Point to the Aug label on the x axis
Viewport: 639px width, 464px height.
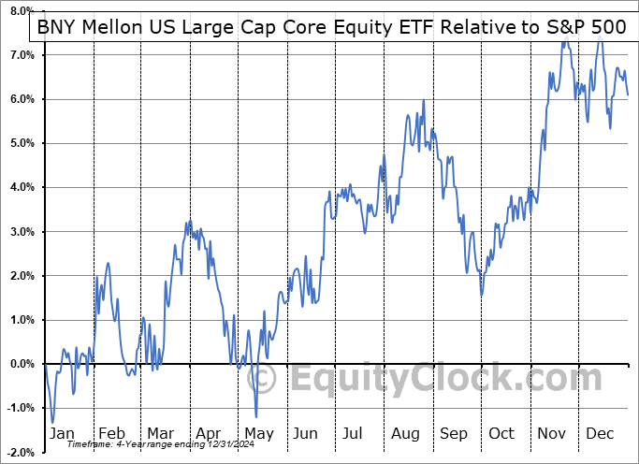404,433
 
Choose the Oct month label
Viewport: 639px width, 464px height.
501,433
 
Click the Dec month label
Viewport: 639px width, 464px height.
599,433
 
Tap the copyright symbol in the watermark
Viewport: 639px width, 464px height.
265,380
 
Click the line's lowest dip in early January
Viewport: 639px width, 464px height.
52,422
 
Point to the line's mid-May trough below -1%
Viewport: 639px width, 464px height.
255,417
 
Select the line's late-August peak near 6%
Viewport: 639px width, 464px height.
424,100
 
